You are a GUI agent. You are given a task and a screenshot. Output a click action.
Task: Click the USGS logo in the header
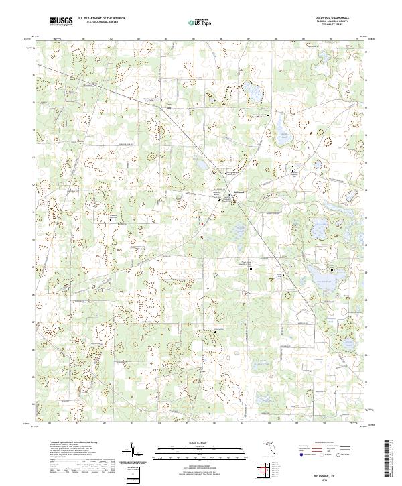pos(61,21)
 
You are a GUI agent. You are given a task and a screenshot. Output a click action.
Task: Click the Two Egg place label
pos(169,105)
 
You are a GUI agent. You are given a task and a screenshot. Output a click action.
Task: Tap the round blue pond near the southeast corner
pos(348,343)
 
